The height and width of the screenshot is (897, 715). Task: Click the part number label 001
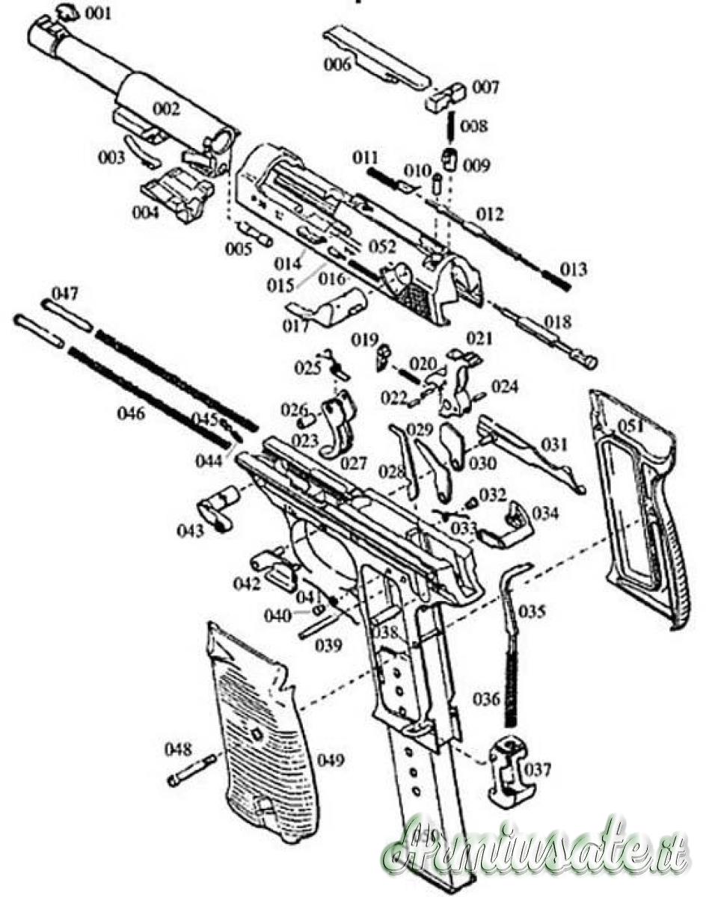pos(98,13)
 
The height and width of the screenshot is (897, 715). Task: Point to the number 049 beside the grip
pos(331,760)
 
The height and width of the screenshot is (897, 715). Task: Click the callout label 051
pos(630,426)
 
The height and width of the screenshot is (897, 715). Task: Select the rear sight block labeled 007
pos(447,95)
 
